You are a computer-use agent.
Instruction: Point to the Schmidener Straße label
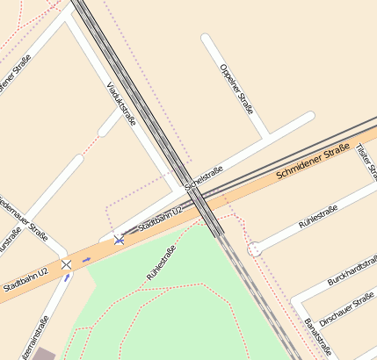pyautogui.click(x=313, y=163)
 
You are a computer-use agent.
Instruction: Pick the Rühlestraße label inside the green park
pyautogui.click(x=162, y=263)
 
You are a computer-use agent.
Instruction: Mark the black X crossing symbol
pyautogui.click(x=66, y=264)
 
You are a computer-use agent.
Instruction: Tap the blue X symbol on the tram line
pyautogui.click(x=119, y=240)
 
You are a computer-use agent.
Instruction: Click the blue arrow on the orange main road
pyautogui.click(x=86, y=260)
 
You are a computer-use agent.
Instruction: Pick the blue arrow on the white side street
pyautogui.click(x=67, y=278)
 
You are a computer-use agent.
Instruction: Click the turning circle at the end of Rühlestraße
pyautogui.click(x=254, y=249)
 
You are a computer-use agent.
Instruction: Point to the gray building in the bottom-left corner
pyautogui.click(x=43, y=354)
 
